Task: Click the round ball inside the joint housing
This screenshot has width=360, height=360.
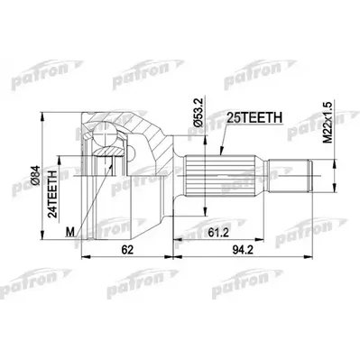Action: coord(109,140)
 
